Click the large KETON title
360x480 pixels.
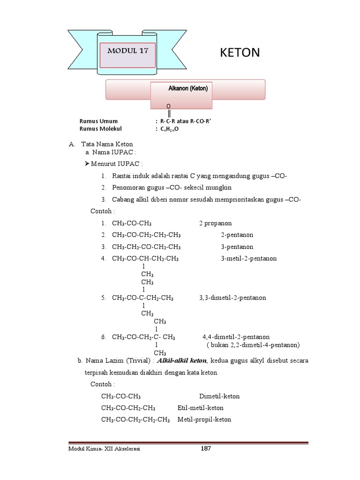tap(240, 52)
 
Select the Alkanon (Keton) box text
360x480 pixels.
tap(187, 88)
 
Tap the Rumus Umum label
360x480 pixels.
tap(98, 121)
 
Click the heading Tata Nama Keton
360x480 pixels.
tap(107, 144)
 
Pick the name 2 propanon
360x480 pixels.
tap(215, 223)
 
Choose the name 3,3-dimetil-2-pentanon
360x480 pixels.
tap(232, 298)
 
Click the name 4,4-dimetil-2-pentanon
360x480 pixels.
tap(236, 337)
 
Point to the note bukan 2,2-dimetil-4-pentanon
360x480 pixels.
tap(253, 345)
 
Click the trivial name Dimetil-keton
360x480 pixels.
tap(219, 396)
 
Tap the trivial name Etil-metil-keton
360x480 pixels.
tap(200, 408)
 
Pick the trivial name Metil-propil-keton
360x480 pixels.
tap(204, 420)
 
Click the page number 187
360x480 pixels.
tap(206, 449)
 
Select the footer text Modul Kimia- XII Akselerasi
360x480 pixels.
tap(104, 449)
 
